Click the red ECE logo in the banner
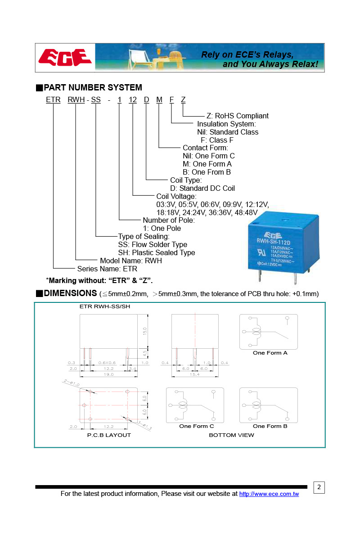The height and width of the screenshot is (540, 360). [x=65, y=58]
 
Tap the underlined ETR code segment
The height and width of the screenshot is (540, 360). [x=53, y=100]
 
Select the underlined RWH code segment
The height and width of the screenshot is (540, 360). [x=76, y=100]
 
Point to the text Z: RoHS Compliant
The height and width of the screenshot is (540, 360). [x=238, y=116]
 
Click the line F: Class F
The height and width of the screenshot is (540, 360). [x=220, y=140]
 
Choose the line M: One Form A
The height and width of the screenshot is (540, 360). [x=207, y=164]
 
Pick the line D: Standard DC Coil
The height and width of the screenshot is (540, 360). [x=202, y=189]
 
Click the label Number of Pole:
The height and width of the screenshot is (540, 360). [x=169, y=220]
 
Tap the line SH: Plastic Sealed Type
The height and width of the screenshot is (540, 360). [x=157, y=253]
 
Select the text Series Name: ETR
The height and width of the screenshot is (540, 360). [x=107, y=269]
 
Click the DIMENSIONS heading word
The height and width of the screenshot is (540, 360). [x=70, y=293]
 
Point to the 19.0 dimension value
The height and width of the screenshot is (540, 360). [x=109, y=374]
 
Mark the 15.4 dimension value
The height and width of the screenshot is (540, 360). [x=194, y=374]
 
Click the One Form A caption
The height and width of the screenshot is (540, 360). [x=270, y=353]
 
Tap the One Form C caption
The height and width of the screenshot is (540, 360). [x=197, y=426]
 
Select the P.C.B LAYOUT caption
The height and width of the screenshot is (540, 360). [x=109, y=435]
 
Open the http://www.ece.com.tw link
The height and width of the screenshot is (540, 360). [x=269, y=494]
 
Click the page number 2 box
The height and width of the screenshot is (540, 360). [x=319, y=487]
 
